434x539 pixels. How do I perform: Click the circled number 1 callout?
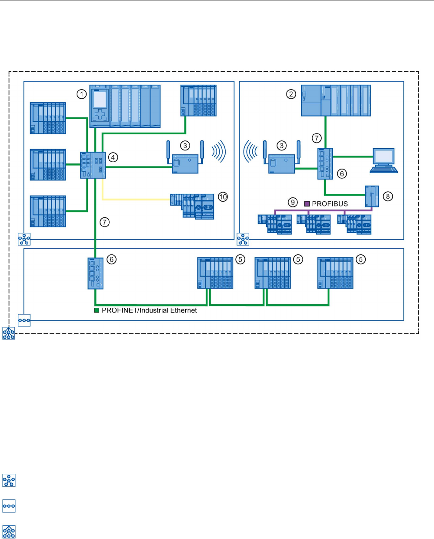point(81,94)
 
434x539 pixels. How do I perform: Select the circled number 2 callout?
point(291,94)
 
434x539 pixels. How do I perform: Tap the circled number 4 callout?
point(113,157)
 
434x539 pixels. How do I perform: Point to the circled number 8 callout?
point(388,196)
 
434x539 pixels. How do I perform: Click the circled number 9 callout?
point(293,202)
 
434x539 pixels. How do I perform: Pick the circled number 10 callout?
point(223,197)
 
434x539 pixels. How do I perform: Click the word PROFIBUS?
point(330,204)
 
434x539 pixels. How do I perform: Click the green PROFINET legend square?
point(97,310)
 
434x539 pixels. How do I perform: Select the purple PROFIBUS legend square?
point(307,203)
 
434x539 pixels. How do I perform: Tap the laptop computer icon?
point(384,160)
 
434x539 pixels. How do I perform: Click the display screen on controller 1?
point(100,100)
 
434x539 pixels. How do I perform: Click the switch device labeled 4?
point(93,165)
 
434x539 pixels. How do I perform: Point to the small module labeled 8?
point(372,196)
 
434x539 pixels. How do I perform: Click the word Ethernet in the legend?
point(184,310)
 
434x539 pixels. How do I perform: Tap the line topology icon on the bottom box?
point(24,320)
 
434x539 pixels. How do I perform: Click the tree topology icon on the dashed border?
point(9,333)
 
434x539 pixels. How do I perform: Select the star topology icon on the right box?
point(243,239)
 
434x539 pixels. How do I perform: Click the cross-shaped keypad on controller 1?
point(100,114)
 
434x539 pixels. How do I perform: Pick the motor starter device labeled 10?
point(192,206)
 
